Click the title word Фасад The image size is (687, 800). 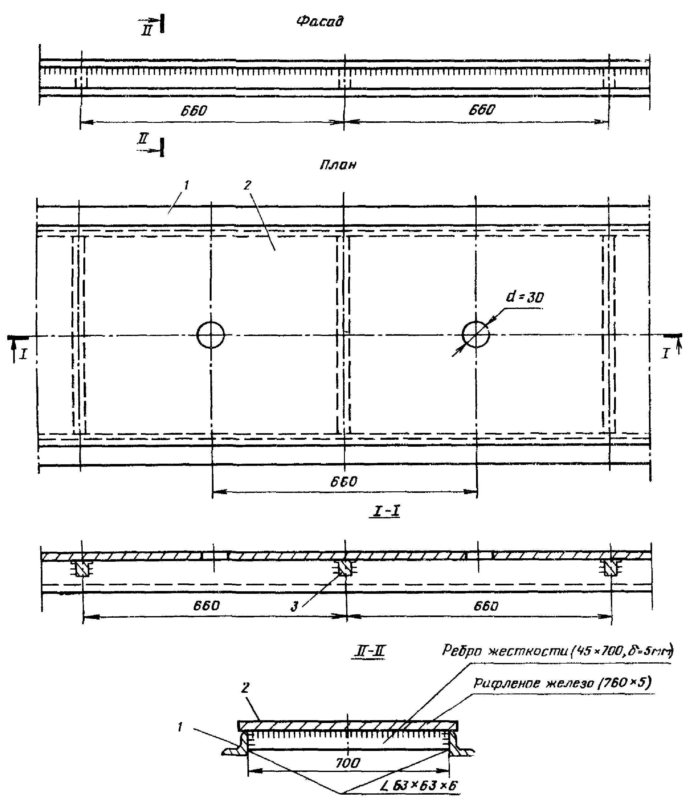coord(320,21)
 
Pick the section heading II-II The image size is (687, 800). coord(369,652)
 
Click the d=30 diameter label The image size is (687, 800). coord(525,297)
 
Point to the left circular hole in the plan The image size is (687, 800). coord(210,335)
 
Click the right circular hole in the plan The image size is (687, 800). coord(476,334)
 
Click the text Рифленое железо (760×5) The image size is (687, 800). coord(562,683)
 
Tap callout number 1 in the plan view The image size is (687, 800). coord(186,186)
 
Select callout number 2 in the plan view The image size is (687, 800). coord(247,185)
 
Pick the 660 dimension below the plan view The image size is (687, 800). coord(344,482)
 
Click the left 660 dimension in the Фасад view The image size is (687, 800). coord(194,111)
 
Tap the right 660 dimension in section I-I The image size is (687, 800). coord(486,606)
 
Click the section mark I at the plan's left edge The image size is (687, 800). coord(24,354)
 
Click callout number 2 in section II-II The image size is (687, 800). coord(246,687)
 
